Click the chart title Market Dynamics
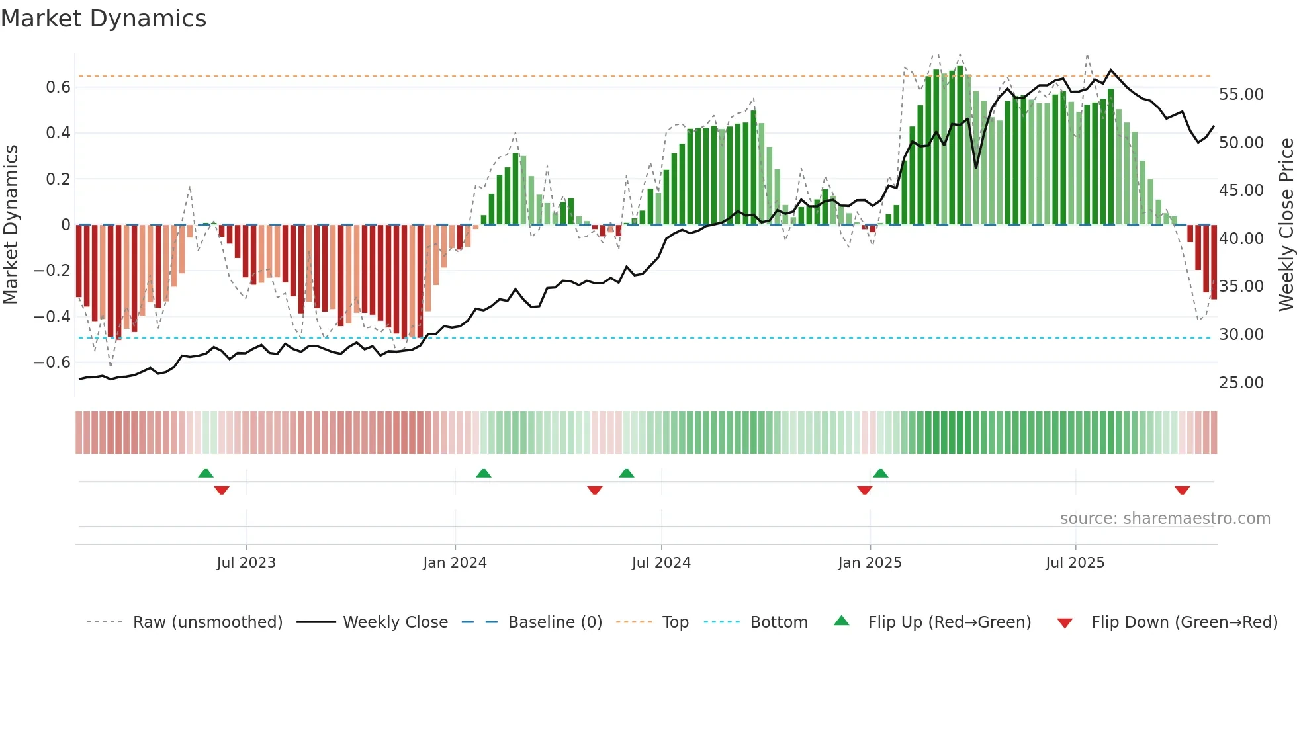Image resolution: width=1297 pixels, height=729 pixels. pyautogui.click(x=103, y=19)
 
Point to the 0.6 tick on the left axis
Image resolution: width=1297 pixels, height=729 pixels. pyautogui.click(x=58, y=87)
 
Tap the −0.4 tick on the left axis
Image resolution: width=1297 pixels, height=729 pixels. pyautogui.click(x=52, y=316)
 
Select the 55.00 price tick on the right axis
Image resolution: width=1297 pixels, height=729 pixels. pyautogui.click(x=1241, y=95)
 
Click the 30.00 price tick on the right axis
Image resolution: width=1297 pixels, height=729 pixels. pyautogui.click(x=1241, y=335)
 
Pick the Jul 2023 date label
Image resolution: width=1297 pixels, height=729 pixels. pyautogui.click(x=246, y=563)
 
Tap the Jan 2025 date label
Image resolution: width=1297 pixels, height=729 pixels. pyautogui.click(x=870, y=563)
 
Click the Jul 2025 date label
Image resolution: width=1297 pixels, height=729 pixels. pyautogui.click(x=1075, y=563)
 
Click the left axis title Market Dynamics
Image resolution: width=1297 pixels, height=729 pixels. pyautogui.click(x=11, y=225)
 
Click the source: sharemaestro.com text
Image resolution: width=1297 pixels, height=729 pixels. pyautogui.click(x=1165, y=519)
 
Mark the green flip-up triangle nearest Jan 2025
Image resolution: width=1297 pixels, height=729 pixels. pyautogui.click(x=880, y=473)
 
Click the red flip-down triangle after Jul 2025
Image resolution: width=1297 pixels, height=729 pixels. pyautogui.click(x=1182, y=490)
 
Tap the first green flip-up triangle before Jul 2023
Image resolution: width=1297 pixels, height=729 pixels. pyautogui.click(x=206, y=473)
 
